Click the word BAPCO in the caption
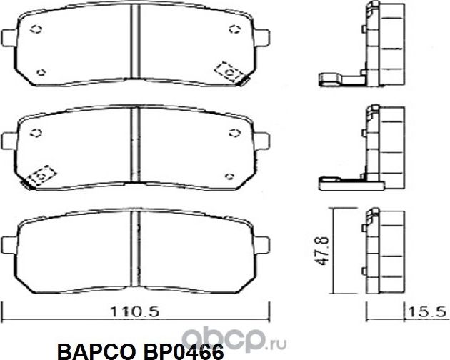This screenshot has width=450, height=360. click(94, 350)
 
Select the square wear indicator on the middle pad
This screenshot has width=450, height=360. click(41, 174)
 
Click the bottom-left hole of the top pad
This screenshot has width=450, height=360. click(41, 71)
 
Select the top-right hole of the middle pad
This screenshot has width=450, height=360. click(234, 132)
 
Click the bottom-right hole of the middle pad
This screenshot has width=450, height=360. click(229, 175)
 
